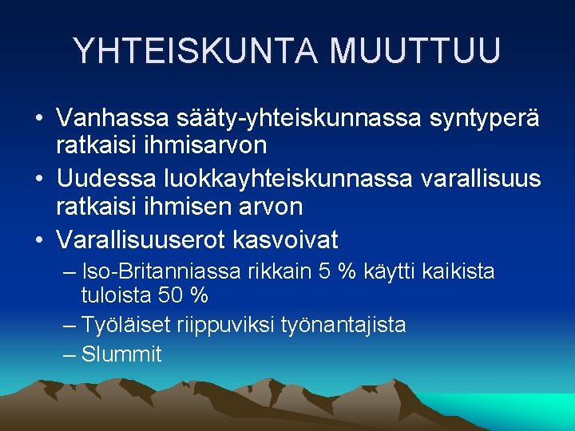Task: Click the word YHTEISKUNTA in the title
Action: tap(196, 50)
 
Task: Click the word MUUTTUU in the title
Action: tap(415, 50)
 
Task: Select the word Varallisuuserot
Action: tap(141, 239)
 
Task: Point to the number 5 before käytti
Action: tap(324, 272)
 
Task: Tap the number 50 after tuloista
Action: tap(169, 295)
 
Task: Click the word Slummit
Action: tap(121, 354)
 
